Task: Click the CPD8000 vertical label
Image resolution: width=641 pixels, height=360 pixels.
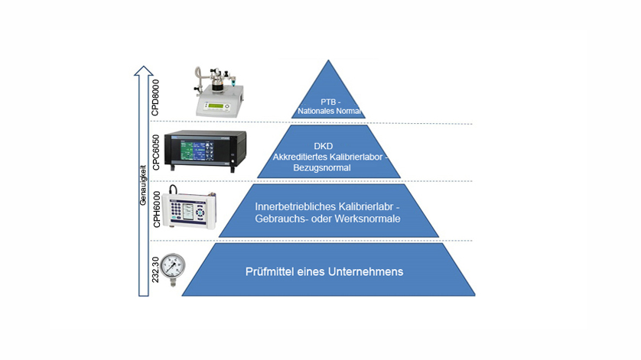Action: coord(156,97)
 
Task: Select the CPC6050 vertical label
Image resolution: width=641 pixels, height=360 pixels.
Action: coord(156,151)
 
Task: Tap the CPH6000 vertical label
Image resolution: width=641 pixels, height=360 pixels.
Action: coord(156,209)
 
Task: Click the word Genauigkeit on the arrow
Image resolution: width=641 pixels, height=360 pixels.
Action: coord(142,184)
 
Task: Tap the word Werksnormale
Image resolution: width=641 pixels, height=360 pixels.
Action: coord(368,219)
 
